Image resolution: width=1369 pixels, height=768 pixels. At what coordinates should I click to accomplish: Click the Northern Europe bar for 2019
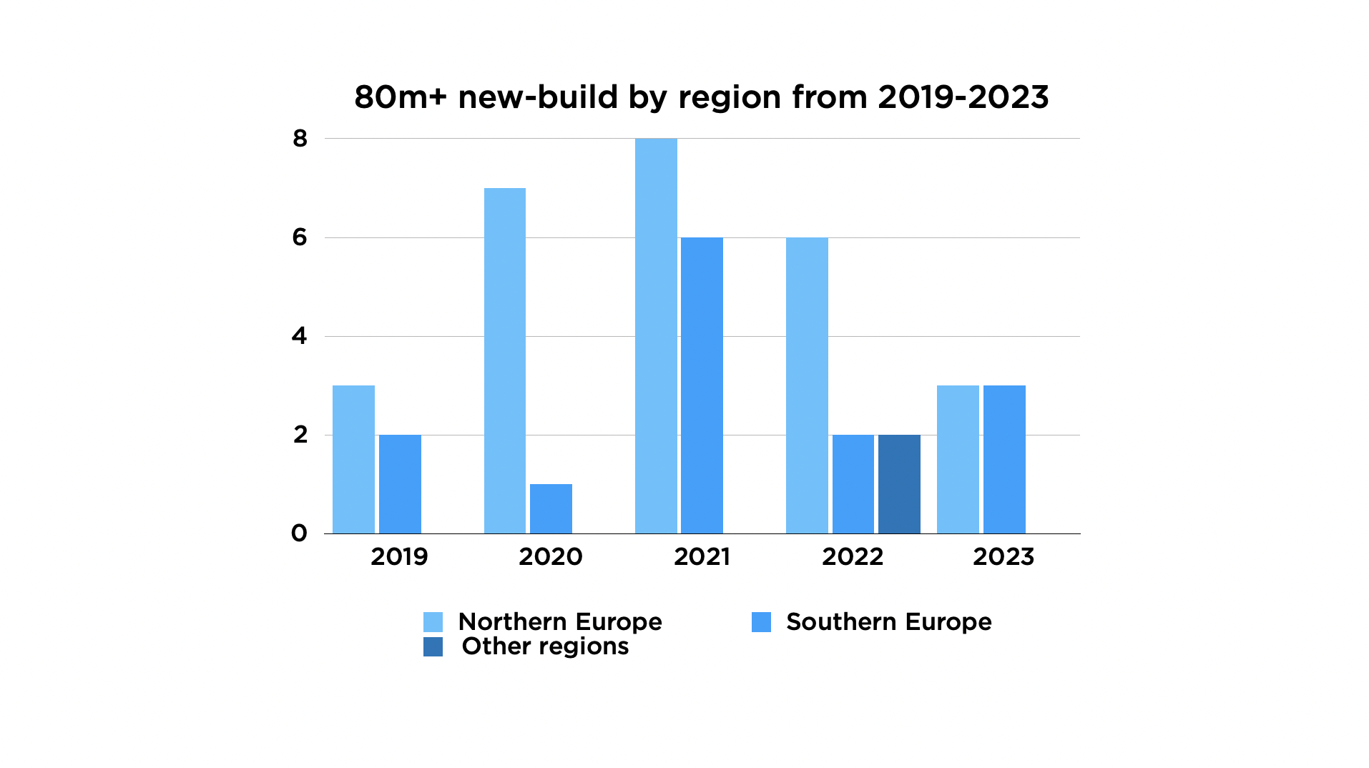click(353, 459)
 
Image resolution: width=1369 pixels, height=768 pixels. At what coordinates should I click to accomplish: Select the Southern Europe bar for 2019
click(400, 484)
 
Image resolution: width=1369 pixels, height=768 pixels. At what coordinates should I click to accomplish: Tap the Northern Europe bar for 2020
click(504, 360)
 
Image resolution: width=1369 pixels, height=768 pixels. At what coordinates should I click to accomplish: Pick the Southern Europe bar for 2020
click(551, 508)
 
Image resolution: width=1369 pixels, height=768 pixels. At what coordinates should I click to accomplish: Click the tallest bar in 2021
click(656, 335)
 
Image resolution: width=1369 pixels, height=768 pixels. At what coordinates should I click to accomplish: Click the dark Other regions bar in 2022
click(899, 484)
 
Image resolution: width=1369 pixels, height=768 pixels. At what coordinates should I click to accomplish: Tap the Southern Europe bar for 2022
click(853, 484)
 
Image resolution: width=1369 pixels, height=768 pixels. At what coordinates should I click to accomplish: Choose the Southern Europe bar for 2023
click(1004, 459)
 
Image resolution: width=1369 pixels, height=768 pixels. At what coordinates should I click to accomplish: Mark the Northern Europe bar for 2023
click(958, 459)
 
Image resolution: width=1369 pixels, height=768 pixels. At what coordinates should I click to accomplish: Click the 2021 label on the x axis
click(702, 557)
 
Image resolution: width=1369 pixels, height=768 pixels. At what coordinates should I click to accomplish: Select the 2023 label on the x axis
click(1004, 557)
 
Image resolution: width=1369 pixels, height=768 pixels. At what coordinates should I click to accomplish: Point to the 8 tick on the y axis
click(300, 139)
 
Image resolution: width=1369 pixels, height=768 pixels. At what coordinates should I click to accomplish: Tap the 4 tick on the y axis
click(299, 336)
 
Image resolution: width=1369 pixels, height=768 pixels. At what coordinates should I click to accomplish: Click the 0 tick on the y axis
click(299, 533)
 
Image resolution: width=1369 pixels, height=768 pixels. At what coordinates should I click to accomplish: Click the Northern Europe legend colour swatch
click(433, 622)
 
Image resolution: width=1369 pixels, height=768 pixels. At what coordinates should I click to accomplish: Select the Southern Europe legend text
click(888, 622)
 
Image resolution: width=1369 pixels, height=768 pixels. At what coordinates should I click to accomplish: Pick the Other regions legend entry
click(544, 646)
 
